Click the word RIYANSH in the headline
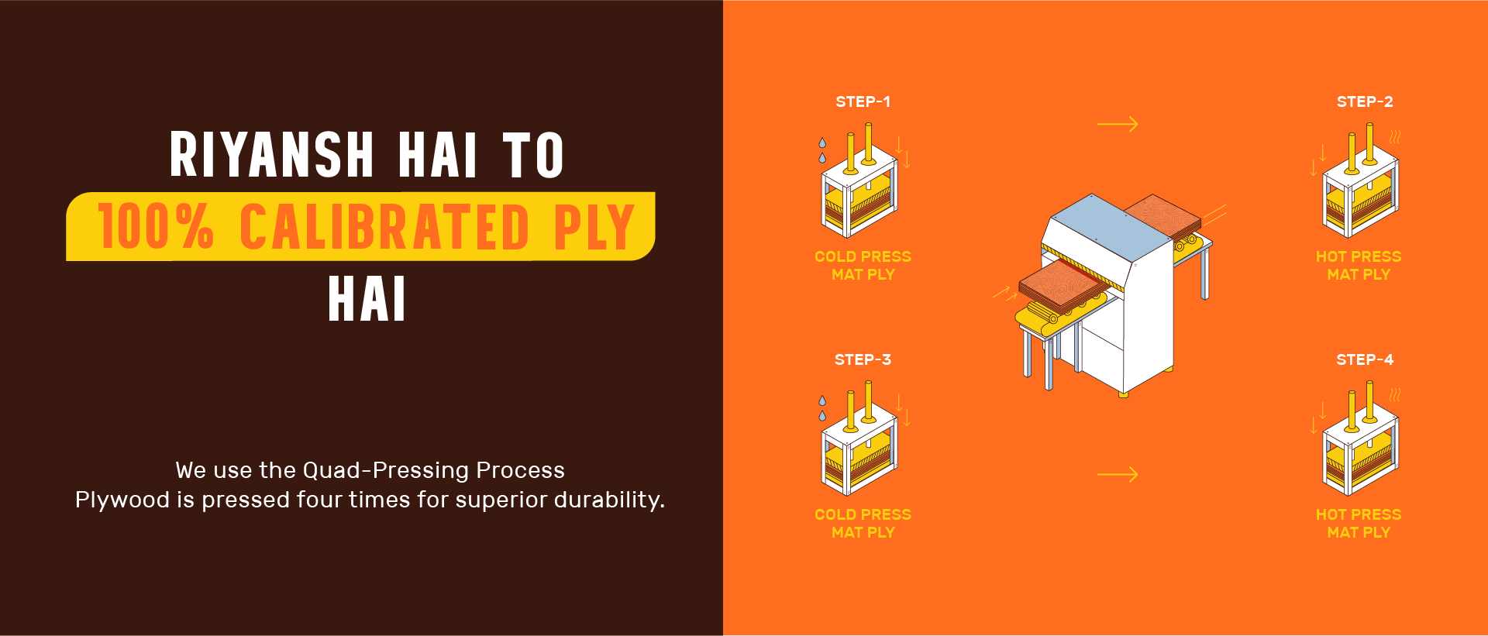(272, 154)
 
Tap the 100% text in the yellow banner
(156, 226)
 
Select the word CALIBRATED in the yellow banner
(384, 226)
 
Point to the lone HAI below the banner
(367, 299)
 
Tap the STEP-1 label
(863, 101)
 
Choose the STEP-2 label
(1365, 101)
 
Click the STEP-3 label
(863, 359)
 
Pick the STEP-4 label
(1365, 359)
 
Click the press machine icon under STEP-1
(860, 182)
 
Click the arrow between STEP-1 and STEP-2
(1118, 124)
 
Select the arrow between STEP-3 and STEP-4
(1118, 474)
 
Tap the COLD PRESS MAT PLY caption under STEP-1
(863, 265)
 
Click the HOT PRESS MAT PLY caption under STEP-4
(1359, 523)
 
